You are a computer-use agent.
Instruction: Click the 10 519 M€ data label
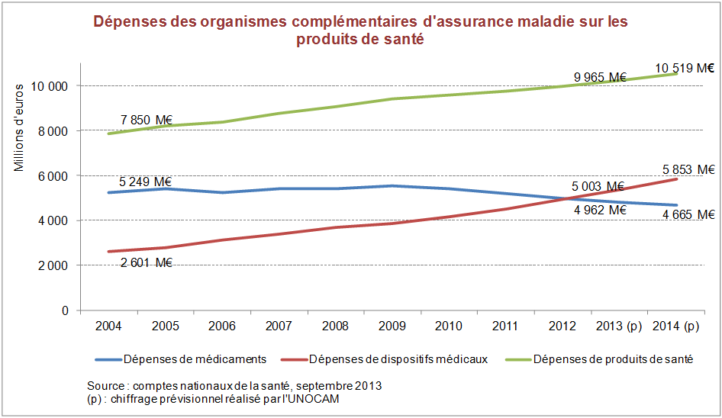pos(685,68)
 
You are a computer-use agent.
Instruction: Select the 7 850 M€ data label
pos(147,120)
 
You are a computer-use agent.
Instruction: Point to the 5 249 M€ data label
pos(145,182)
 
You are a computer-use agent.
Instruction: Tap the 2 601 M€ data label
pos(146,263)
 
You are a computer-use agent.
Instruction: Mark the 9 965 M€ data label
pos(600,77)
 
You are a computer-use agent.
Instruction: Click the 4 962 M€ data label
pos(600,210)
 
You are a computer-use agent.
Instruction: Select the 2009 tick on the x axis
pos(392,326)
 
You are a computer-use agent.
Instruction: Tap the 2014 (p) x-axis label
pos(675,326)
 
